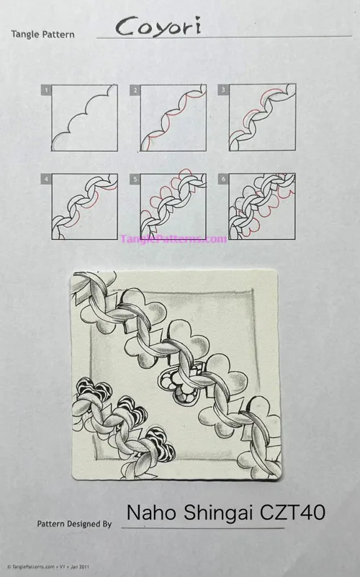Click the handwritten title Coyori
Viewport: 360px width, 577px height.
tap(150, 27)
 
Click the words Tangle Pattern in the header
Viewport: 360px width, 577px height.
tap(42, 35)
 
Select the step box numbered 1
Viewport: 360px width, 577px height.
tap(84, 118)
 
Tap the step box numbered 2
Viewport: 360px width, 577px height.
tap(174, 118)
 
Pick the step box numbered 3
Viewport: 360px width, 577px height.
tap(262, 118)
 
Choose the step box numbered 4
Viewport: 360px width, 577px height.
tap(84, 207)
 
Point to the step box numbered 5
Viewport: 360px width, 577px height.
tap(174, 207)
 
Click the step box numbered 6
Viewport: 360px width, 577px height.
tap(262, 207)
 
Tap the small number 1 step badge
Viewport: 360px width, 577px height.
tap(46, 90)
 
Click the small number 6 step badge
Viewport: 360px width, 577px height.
tap(224, 179)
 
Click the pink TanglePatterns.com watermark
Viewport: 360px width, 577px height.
tap(174, 238)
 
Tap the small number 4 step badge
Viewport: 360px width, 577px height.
tap(46, 179)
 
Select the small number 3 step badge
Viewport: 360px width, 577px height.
tap(224, 90)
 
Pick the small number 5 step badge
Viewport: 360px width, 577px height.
tap(135, 179)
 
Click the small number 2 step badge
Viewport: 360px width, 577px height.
tap(135, 90)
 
